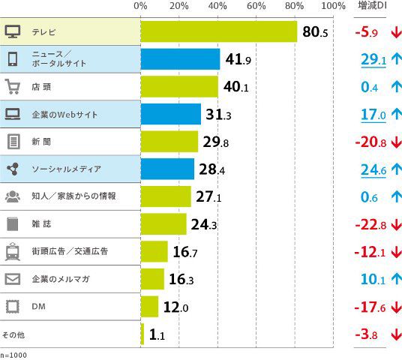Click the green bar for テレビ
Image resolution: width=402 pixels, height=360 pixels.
218,32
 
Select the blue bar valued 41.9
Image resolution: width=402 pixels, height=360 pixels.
180,59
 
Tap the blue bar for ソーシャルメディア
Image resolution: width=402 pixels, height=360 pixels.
167,169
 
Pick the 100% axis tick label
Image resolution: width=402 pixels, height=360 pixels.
332,6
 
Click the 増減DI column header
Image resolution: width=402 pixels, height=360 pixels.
372,6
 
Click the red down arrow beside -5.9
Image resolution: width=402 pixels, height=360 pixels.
396,32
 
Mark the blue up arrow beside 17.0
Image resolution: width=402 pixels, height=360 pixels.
396,115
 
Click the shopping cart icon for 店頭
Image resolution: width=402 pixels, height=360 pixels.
13,87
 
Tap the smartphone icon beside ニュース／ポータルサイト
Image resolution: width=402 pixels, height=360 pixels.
13,59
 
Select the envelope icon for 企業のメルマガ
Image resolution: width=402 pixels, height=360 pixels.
13,279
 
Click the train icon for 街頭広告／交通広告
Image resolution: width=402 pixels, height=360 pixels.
13,251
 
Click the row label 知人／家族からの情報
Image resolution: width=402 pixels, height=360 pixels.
73,196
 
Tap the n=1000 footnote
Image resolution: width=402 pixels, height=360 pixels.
13,355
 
